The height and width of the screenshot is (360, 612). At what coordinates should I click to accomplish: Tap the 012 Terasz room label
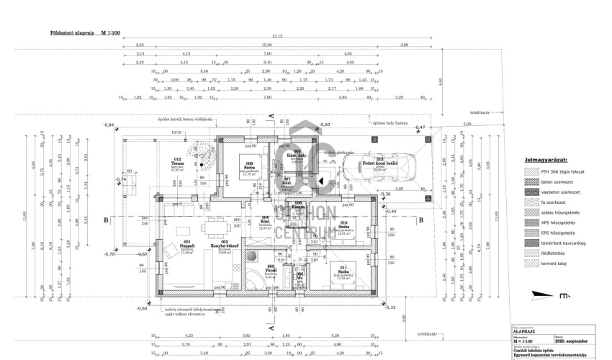click(177, 162)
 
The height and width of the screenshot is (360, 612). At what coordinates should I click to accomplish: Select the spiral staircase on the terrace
click(202, 153)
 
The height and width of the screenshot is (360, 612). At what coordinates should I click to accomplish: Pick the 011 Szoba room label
click(344, 271)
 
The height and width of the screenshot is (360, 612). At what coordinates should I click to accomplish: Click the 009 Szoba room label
click(249, 166)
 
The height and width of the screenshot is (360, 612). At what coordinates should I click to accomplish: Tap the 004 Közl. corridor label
click(266, 221)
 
